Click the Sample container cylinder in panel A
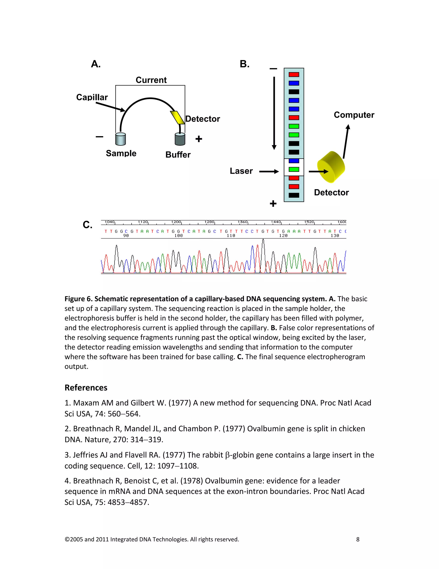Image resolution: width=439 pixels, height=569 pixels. coord(120,139)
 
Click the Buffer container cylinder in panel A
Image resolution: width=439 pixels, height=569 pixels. coord(180,139)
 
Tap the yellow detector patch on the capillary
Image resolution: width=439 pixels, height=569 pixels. coord(177,117)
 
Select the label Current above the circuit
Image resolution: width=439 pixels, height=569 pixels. coord(151,80)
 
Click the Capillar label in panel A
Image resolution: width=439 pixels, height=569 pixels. coord(92,97)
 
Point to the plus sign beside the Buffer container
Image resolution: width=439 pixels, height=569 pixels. coord(199,139)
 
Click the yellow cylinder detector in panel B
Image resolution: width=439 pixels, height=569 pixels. coord(331,167)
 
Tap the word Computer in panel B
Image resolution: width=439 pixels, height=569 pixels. coord(354,115)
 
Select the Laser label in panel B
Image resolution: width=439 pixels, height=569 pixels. coord(241,171)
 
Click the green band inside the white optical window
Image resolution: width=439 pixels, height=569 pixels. coord(294,169)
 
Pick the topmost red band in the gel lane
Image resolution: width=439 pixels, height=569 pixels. coord(294,75)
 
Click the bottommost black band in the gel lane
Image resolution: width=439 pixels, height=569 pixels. coord(294,195)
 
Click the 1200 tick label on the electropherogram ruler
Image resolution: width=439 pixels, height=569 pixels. coord(176,222)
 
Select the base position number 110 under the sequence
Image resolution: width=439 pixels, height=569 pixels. coord(231,236)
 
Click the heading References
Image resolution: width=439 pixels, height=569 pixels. coord(86,388)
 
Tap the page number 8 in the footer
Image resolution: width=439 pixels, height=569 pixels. coord(358,539)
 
